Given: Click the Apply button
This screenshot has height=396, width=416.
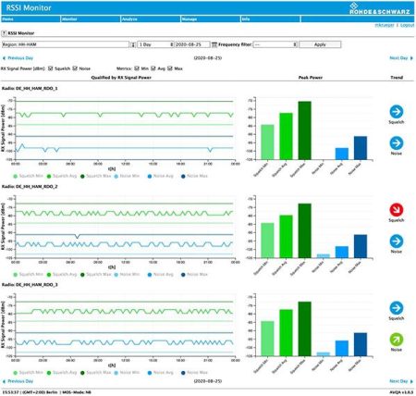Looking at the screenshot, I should click(x=321, y=44).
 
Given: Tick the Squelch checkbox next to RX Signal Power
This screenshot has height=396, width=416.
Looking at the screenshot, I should click(x=50, y=68).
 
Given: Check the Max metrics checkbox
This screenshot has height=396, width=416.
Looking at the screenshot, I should click(x=170, y=68).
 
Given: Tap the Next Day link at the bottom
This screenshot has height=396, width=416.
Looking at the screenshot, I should click(x=398, y=380).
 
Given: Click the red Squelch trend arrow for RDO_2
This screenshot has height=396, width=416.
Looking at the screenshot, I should click(x=396, y=210).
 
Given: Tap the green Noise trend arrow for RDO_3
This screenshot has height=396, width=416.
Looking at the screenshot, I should click(x=396, y=339).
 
